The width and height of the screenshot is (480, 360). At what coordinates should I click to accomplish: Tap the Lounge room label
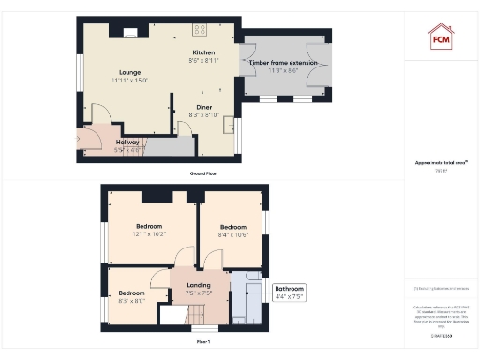130,72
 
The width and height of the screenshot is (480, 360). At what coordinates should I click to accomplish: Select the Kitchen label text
203,52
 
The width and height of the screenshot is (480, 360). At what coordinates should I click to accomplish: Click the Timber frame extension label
285,62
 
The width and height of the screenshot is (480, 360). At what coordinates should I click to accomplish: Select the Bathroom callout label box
288,292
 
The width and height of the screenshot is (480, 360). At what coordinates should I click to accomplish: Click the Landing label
198,285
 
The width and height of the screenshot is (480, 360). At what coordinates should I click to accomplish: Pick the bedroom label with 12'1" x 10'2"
149,226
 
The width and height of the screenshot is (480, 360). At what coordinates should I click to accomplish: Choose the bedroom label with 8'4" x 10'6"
232,227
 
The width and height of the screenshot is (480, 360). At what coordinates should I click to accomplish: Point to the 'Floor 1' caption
202,342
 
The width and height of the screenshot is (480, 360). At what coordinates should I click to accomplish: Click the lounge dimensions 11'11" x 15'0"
130,81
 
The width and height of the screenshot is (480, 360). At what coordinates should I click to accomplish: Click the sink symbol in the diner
229,120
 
